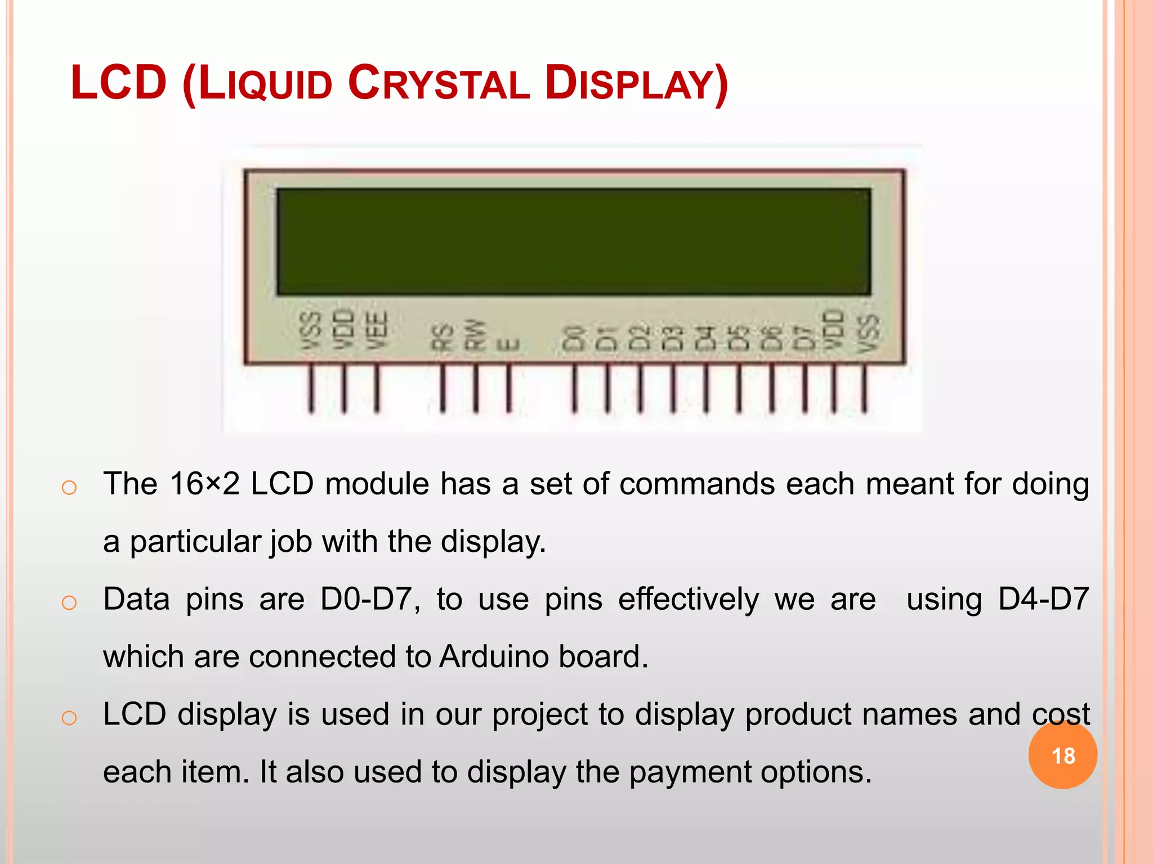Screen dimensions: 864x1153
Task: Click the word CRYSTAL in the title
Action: [439, 84]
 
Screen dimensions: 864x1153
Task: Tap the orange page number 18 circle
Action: [1062, 755]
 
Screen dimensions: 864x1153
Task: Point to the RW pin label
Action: [475, 335]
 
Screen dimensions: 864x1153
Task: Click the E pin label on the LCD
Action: [508, 344]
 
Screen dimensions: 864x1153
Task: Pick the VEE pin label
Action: [378, 330]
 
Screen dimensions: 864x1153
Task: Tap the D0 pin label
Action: [574, 337]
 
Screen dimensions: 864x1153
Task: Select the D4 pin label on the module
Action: [705, 337]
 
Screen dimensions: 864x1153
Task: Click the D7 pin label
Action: [804, 337]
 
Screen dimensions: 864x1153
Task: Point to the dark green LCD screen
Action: [574, 242]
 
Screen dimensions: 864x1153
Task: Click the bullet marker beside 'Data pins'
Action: [69, 602]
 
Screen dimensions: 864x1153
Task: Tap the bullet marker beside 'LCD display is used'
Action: [69, 718]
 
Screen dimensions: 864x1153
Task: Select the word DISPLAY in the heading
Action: [636, 84]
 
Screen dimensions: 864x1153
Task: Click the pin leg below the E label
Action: [509, 388]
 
